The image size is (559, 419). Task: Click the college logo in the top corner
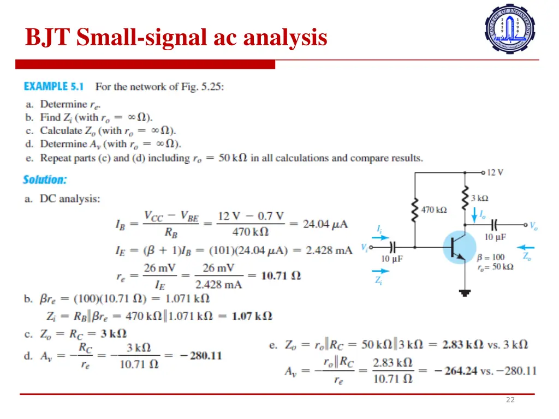pyautogui.click(x=510, y=29)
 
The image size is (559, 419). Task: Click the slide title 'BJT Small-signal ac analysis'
pyautogui.click(x=176, y=38)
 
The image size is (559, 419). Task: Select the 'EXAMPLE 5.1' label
pyautogui.click(x=53, y=86)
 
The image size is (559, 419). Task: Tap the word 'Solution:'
pyautogui.click(x=45, y=179)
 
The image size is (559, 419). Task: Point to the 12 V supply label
pyautogui.click(x=495, y=172)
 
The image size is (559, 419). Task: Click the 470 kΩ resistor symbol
pyautogui.click(x=415, y=209)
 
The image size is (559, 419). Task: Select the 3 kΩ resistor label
pyautogui.click(x=480, y=198)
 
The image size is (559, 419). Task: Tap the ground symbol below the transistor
pyautogui.click(x=465, y=292)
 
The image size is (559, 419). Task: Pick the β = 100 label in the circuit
pyautogui.click(x=490, y=257)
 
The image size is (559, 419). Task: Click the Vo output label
pyautogui.click(x=534, y=225)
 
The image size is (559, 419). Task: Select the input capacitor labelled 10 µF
pyautogui.click(x=391, y=247)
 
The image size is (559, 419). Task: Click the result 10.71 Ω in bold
pyautogui.click(x=281, y=276)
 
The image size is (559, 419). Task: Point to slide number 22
pyautogui.click(x=510, y=399)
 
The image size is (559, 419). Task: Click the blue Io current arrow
pyautogui.click(x=474, y=215)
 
